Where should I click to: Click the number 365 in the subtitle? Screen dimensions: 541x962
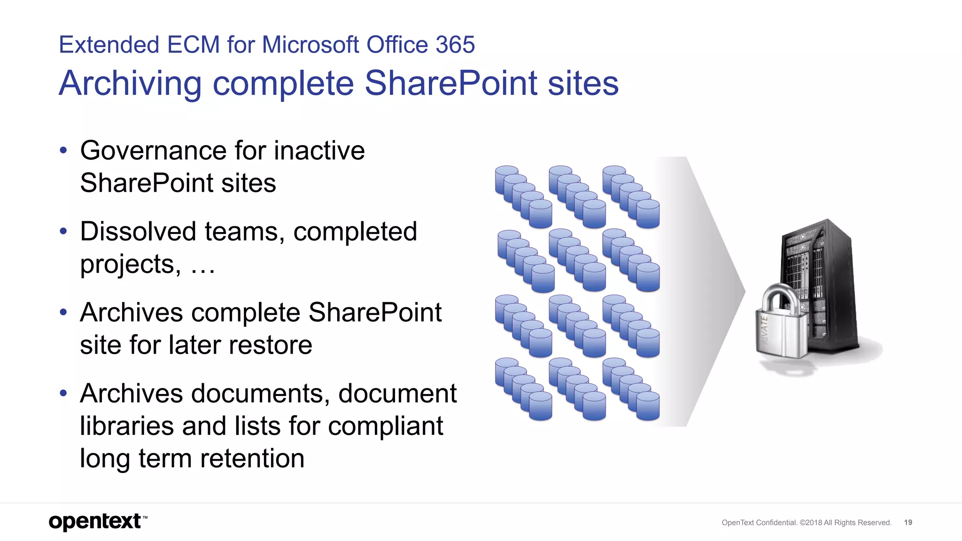(455, 45)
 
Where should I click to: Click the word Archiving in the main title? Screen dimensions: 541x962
(130, 84)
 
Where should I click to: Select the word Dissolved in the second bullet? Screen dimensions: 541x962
(138, 232)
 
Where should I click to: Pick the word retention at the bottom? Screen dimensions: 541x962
(252, 458)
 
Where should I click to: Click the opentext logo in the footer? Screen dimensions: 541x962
(96, 522)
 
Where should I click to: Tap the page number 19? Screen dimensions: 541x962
(908, 522)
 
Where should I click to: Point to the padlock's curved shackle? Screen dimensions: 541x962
(778, 296)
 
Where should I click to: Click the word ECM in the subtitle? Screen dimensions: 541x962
(194, 45)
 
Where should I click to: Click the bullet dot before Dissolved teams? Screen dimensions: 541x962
(63, 232)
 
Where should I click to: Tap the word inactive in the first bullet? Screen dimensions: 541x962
(319, 151)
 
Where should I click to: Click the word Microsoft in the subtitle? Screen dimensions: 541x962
(310, 45)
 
